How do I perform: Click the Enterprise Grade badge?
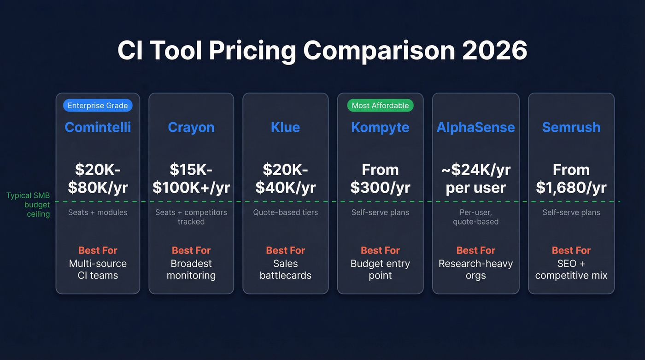[98, 106]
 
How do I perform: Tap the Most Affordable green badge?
[380, 106]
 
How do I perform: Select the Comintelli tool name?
[98, 127]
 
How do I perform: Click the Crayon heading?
[191, 127]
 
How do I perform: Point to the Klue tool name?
[286, 127]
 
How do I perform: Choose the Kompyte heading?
[380, 127]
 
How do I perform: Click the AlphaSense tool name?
[475, 127]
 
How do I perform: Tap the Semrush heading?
[571, 127]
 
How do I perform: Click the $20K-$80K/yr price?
[98, 178]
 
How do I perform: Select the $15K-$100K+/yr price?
[191, 178]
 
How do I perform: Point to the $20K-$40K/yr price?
[286, 178]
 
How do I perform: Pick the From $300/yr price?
[380, 178]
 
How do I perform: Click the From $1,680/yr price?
[571, 178]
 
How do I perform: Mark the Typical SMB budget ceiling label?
[29, 205]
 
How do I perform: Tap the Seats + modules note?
[98, 212]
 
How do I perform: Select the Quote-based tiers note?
[286, 212]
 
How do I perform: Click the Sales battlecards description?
[286, 270]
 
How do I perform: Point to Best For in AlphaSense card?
[475, 250]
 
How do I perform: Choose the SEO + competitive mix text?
[571, 270]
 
